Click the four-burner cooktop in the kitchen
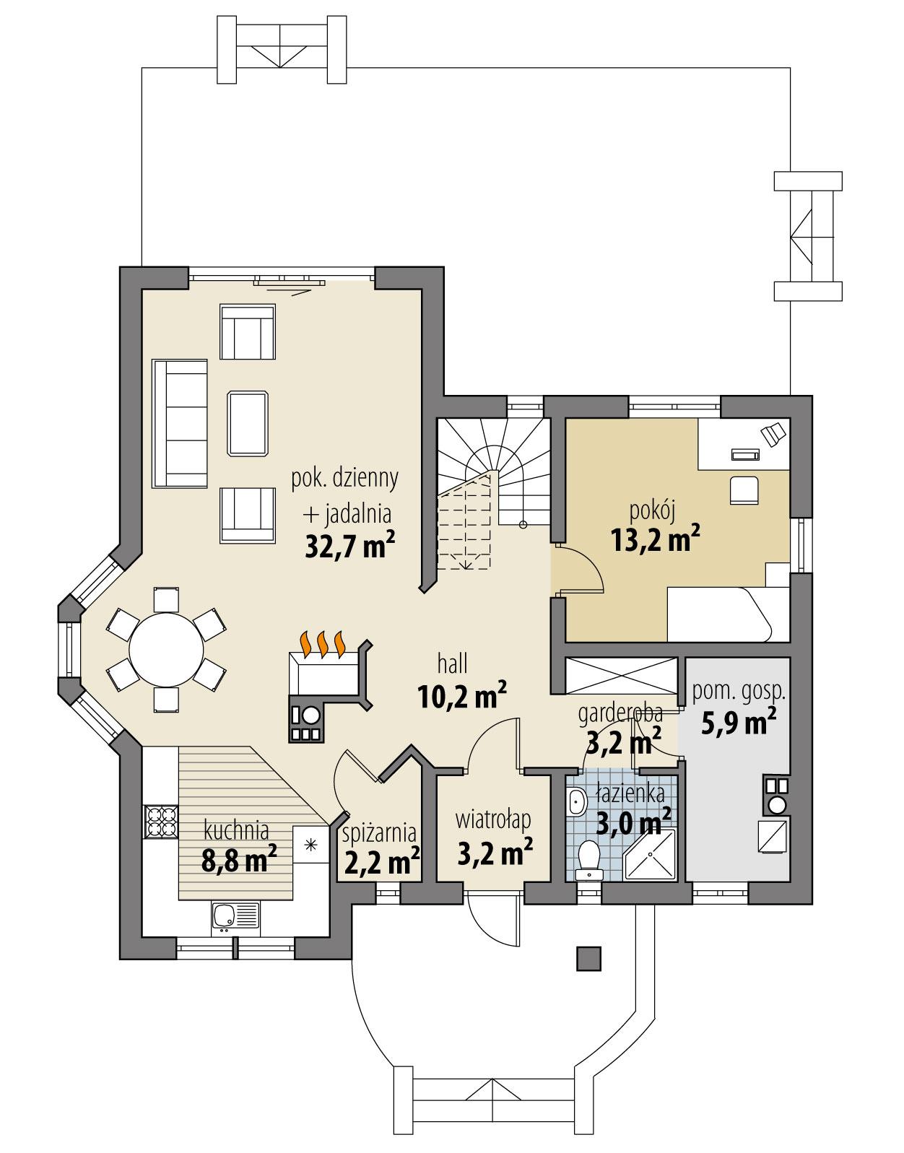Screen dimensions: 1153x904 pyautogui.click(x=162, y=822)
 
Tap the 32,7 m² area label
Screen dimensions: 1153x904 pyautogui.click(x=349, y=546)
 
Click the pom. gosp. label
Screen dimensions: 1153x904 pyautogui.click(x=738, y=691)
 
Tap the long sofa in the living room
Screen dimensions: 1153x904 pyautogui.click(x=180, y=423)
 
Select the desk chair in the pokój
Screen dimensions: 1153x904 pyautogui.click(x=744, y=490)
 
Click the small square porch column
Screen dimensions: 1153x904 pyautogui.click(x=588, y=958)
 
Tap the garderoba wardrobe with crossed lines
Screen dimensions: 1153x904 pyautogui.click(x=622, y=674)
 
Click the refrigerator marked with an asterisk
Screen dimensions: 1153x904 pyautogui.click(x=311, y=845)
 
